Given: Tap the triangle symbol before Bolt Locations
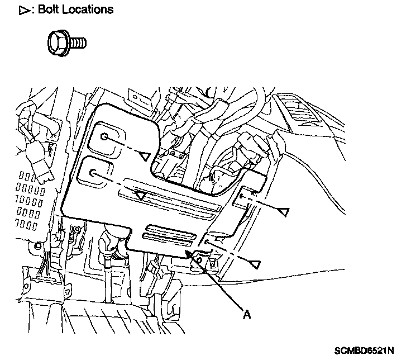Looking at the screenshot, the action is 25,11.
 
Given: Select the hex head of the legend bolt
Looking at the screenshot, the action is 59,43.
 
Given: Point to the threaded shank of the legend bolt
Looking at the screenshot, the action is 78,43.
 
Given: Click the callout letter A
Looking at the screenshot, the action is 247,314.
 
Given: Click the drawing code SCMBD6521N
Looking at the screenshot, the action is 364,350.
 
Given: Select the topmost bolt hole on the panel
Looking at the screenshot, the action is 104,136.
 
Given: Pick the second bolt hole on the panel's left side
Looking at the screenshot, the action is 93,173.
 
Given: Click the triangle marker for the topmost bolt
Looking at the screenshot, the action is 144,157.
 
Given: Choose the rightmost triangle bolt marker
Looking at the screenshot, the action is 283,212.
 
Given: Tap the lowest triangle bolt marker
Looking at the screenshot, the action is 255,264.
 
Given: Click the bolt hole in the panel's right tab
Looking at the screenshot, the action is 241,196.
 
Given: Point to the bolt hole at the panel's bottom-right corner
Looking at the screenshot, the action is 207,241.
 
